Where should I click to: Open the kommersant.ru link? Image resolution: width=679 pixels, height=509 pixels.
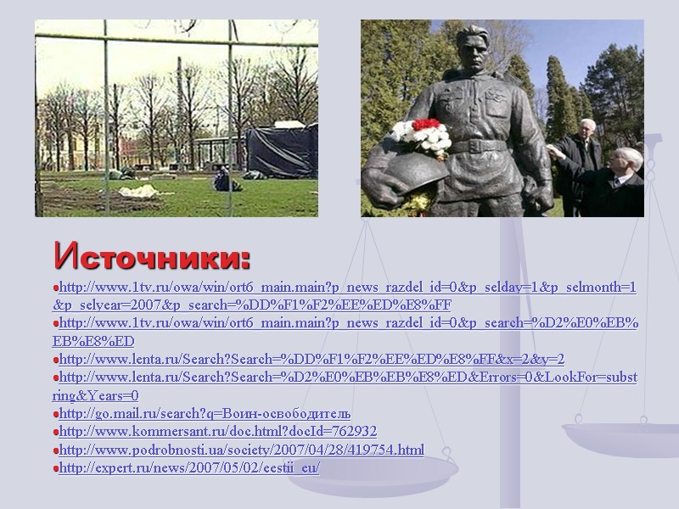[217, 431]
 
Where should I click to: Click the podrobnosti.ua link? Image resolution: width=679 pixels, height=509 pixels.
[241, 449]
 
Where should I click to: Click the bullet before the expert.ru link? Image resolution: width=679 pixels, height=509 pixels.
[54, 468]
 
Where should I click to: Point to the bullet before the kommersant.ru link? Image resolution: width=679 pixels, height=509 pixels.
[54, 432]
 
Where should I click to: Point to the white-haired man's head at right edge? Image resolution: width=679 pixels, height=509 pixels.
[626, 160]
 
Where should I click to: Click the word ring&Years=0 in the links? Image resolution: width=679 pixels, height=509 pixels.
[95, 395]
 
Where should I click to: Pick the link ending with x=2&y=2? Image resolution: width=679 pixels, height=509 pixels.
[311, 359]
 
